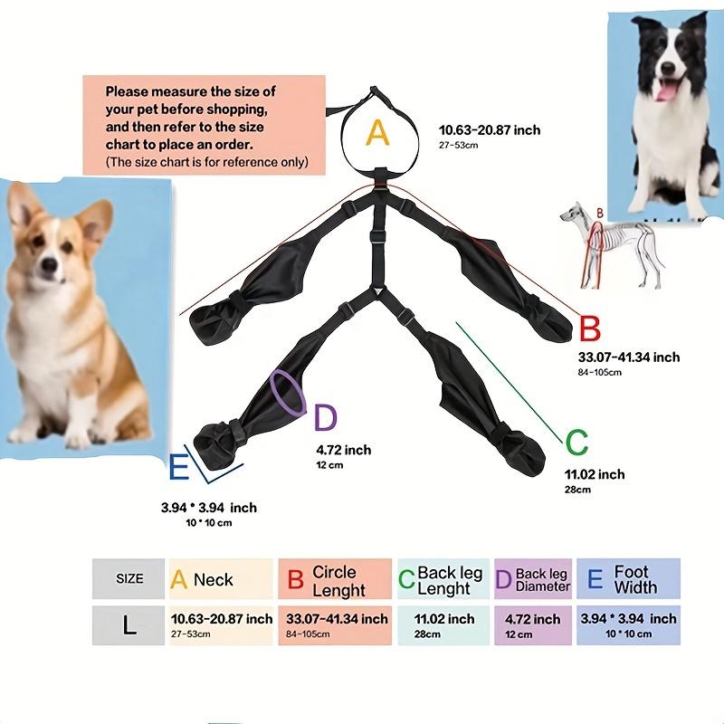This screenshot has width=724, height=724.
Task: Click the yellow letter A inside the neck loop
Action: [377, 134]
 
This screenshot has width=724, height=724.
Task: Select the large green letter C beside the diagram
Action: [576, 443]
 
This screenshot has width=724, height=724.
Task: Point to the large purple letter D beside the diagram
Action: [325, 418]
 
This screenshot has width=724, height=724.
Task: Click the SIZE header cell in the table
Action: [129, 578]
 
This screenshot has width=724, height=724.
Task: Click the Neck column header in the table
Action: [220, 579]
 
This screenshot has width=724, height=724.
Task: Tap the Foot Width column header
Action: [630, 579]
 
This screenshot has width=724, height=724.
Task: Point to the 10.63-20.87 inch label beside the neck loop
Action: [489, 130]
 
